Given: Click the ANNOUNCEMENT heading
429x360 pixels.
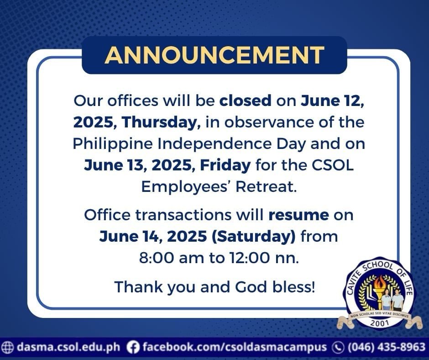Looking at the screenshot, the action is (214, 55).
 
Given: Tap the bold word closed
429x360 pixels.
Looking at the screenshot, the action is (246, 101).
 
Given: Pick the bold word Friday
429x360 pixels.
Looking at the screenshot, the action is (225, 165).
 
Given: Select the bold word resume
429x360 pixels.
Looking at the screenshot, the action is (298, 215).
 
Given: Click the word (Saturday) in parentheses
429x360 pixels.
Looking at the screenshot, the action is (253, 236).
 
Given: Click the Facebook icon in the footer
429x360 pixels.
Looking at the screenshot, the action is (133, 347).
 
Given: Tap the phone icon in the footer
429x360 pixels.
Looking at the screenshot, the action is (338, 347).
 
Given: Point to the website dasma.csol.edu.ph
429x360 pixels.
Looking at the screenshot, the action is (68, 347).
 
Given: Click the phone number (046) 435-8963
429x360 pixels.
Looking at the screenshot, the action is (387, 347).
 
